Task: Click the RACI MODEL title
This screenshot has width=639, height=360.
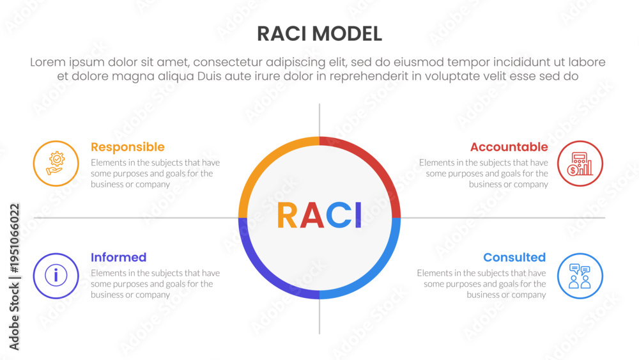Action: click(x=319, y=34)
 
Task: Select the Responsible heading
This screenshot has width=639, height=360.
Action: click(x=128, y=147)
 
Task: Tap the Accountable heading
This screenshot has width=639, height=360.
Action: click(x=509, y=147)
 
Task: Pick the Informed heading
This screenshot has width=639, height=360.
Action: click(x=119, y=257)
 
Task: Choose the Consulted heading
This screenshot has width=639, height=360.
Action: click(x=514, y=257)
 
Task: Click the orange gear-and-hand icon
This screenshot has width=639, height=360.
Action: click(x=56, y=164)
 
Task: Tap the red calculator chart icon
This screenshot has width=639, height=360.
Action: click(x=580, y=164)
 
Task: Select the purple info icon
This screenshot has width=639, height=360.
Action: click(x=56, y=276)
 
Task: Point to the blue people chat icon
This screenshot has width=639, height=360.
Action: click(x=580, y=276)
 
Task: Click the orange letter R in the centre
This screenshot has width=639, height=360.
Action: click(x=288, y=215)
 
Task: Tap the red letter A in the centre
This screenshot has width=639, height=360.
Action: click(x=312, y=215)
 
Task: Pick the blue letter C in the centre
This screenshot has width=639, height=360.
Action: click(x=339, y=215)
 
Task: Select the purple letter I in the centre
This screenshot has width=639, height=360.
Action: click(x=358, y=215)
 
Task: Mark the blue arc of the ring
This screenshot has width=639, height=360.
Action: click(x=377, y=275)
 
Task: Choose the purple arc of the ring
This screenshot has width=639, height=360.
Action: click(x=262, y=275)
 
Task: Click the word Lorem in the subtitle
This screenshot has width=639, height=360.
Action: click(x=48, y=63)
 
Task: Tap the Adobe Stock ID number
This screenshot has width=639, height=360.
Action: click(x=14, y=238)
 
